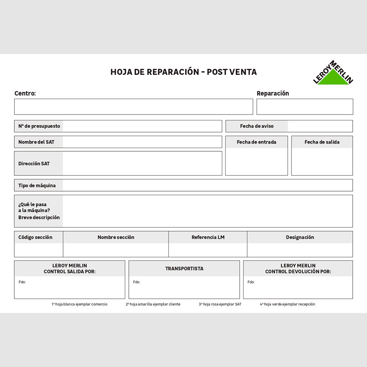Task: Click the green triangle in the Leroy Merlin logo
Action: [333, 79]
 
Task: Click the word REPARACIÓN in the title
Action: [173, 72]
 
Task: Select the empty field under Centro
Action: [134, 107]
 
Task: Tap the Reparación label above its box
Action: [273, 94]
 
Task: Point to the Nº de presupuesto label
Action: [39, 126]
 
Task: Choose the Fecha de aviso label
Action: [257, 126]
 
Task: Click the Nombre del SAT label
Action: [36, 142]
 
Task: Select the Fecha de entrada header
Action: [257, 142]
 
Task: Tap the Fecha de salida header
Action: [322, 142]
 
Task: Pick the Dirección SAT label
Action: [34, 164]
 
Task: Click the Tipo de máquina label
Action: [37, 186]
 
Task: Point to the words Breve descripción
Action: [39, 217]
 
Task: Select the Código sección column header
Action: [35, 237]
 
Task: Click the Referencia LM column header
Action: [208, 237]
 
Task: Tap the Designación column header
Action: [300, 237]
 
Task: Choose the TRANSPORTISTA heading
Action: [184, 269]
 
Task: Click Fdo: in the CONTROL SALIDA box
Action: [22, 282]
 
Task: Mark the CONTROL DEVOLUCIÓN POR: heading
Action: [298, 272]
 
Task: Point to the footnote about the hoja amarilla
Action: [153, 304]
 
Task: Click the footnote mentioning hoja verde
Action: [287, 304]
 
